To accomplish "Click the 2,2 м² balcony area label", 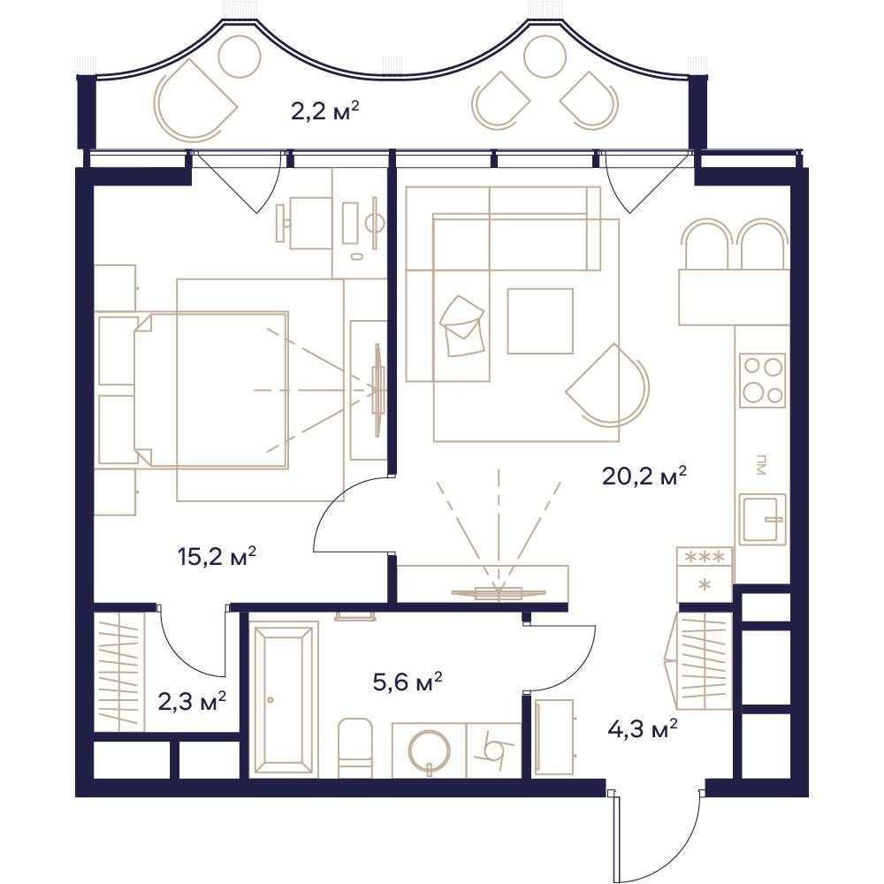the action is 324,111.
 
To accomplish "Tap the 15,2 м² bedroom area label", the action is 217,556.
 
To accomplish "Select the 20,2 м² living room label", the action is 644,476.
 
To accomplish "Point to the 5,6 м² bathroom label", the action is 407,682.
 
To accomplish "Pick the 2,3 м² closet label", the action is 192,702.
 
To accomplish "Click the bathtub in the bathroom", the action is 283,699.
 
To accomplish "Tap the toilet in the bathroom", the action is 355,748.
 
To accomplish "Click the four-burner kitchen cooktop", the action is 763,380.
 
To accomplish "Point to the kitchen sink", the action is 763,519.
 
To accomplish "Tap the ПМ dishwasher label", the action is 762,465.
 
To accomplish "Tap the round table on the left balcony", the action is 240,57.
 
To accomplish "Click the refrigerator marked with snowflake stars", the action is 705,575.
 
